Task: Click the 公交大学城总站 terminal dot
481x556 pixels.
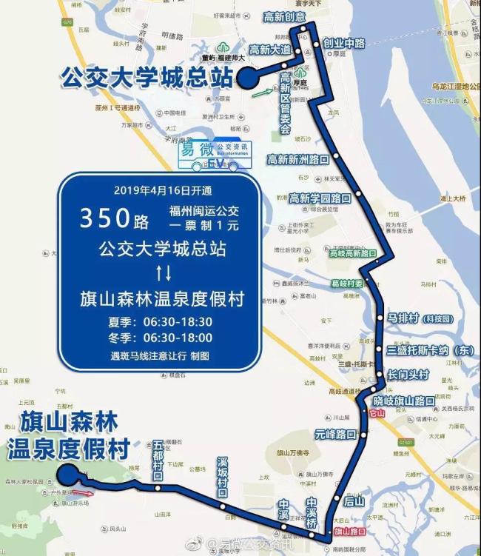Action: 246,78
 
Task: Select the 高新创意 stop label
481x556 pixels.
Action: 284,17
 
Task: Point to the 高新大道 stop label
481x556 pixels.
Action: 271,50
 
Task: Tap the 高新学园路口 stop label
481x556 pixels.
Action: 320,198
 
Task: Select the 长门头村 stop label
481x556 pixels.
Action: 408,375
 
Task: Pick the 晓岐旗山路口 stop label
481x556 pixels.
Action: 404,401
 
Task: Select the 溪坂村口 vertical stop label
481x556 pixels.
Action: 222,478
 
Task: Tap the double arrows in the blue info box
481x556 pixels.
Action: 164,273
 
